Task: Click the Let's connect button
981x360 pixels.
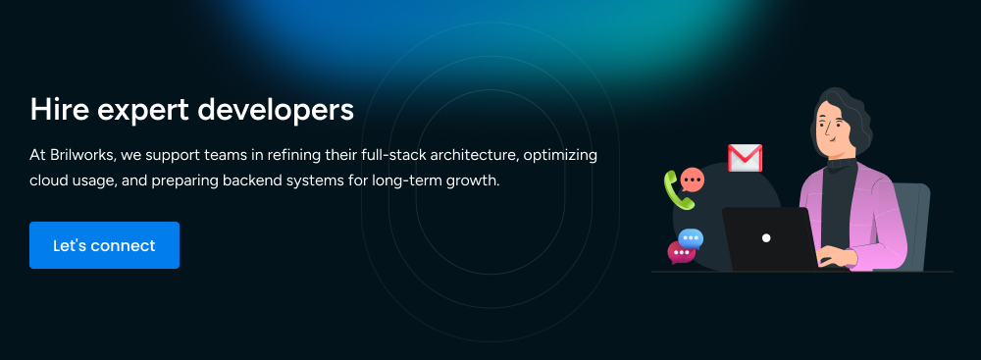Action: [105, 245]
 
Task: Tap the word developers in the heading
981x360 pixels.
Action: [276, 110]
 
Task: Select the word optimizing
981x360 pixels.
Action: [560, 155]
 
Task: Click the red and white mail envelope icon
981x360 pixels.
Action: [745, 158]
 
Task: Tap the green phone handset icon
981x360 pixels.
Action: [678, 190]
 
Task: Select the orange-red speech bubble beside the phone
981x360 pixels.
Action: [692, 180]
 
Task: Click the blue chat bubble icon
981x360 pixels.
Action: [691, 239]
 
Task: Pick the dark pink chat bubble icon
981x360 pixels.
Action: [681, 252]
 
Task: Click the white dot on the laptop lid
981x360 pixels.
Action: [766, 238]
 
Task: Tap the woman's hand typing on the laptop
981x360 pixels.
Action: [834, 256]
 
